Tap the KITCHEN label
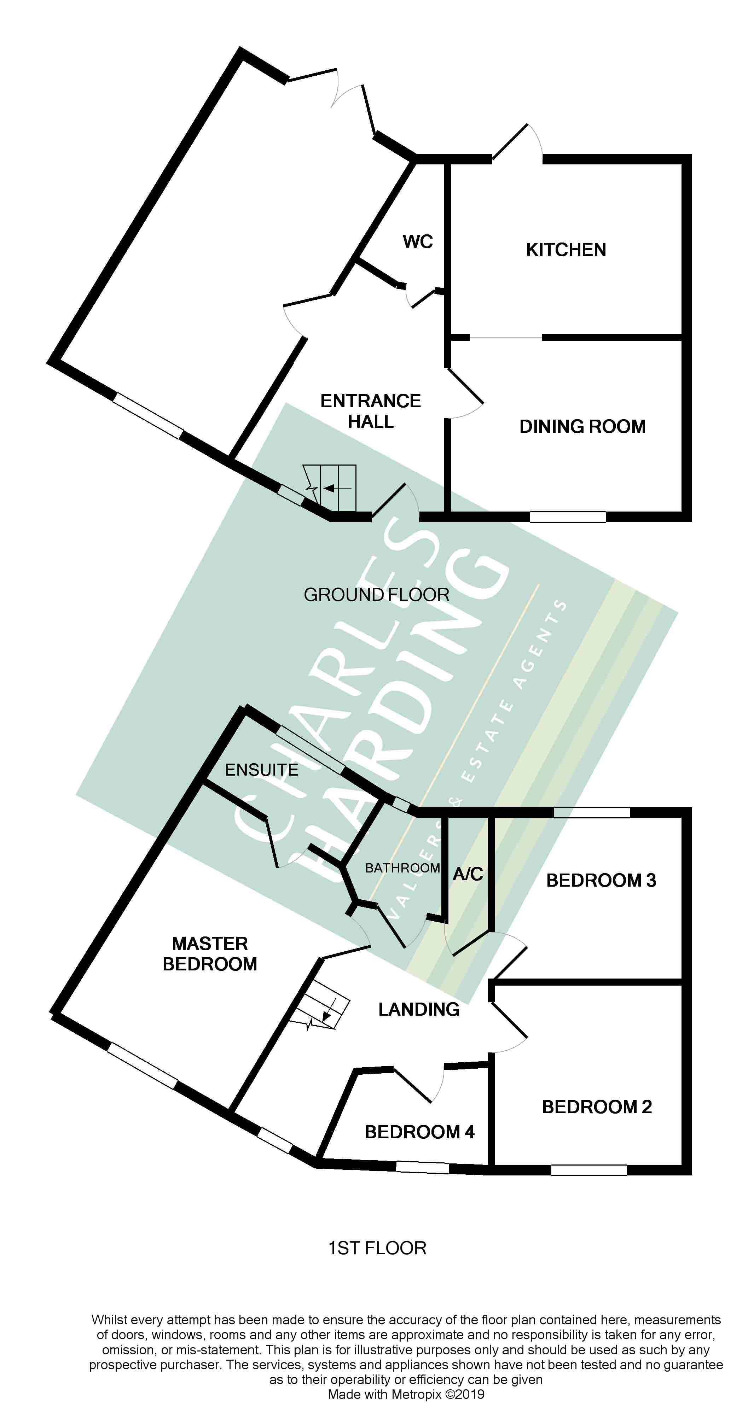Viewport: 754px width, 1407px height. (566, 250)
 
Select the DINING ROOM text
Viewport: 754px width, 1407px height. (582, 426)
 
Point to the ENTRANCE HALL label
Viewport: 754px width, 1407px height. (370, 411)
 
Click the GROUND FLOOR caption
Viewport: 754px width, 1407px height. (376, 594)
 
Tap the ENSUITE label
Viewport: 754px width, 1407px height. (262, 770)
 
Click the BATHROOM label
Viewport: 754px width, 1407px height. (402, 868)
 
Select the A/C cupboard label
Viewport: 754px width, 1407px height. (468, 874)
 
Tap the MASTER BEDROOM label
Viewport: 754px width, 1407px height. (210, 954)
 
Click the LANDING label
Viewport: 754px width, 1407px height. (419, 1009)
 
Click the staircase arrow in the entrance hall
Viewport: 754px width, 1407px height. (337, 488)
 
